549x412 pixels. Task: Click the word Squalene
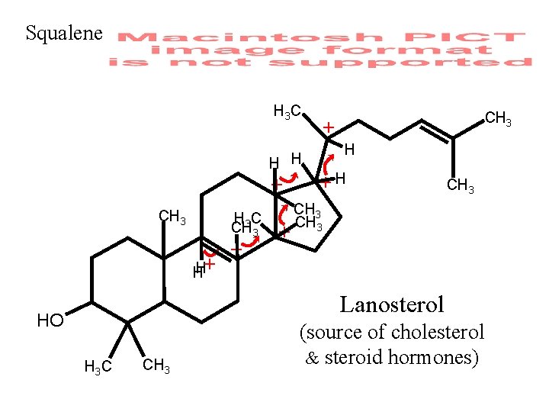[63, 34]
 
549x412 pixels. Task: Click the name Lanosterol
[391, 305]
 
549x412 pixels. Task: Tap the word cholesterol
[437, 332]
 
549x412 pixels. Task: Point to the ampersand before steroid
[311, 357]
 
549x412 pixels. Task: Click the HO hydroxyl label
[50, 320]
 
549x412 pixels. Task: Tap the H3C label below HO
[98, 368]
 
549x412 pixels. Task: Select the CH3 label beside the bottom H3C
[156, 366]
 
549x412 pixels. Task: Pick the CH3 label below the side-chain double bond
[461, 185]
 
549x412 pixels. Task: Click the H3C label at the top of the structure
[287, 112]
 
